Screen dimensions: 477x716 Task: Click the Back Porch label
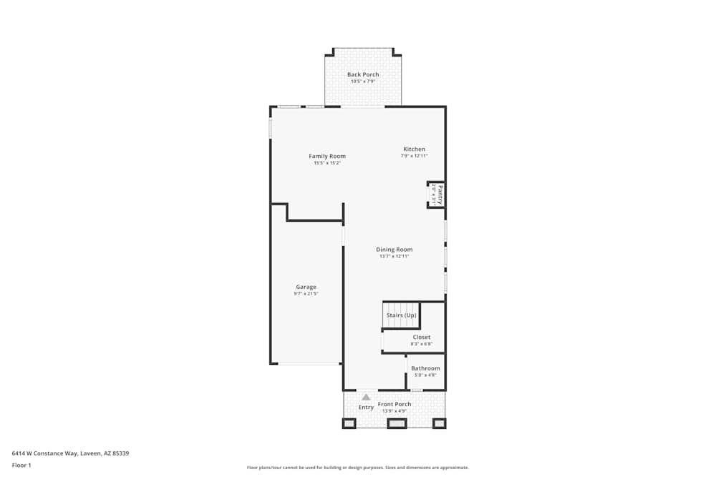tap(363, 74)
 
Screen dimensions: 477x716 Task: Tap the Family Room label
tap(327, 156)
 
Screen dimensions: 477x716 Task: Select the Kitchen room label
tap(414, 149)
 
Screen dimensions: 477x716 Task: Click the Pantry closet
tap(437, 194)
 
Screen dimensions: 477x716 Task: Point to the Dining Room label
tap(395, 250)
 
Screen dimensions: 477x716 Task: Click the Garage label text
tap(306, 287)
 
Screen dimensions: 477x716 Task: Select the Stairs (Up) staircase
tap(401, 315)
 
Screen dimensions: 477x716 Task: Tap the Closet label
tap(422, 337)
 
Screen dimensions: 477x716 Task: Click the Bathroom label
tap(425, 368)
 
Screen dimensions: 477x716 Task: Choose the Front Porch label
tap(395, 404)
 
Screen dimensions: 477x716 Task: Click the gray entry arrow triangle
tap(366, 397)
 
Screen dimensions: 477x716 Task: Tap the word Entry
tap(366, 408)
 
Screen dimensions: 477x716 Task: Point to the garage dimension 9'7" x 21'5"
tap(306, 294)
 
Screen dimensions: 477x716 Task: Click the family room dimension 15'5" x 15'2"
tap(327, 163)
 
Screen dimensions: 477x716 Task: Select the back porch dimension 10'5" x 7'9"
tap(363, 82)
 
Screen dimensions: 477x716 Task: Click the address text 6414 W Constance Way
tap(70, 453)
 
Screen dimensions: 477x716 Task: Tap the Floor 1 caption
tap(21, 465)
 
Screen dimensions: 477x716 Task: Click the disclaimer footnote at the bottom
tap(358, 467)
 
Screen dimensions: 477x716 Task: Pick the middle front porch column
tap(397, 423)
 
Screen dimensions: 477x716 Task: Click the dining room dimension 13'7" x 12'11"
tap(395, 257)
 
